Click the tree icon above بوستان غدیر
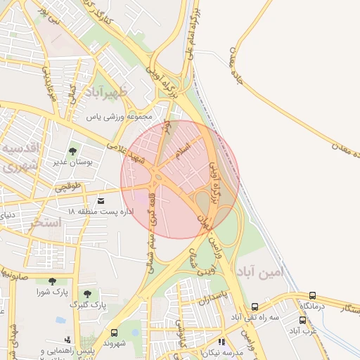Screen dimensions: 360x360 pos(73,152)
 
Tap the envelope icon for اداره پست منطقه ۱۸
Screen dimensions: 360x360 pos(101,201)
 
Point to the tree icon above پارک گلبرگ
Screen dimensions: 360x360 pos(87,294)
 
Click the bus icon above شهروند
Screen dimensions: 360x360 pos(114,333)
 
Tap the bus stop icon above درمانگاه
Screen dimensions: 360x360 pos(313,296)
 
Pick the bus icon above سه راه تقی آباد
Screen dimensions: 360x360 pos(255,307)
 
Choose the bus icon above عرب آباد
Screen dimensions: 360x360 pos(303,320)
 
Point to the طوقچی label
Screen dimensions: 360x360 pos(69,186)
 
